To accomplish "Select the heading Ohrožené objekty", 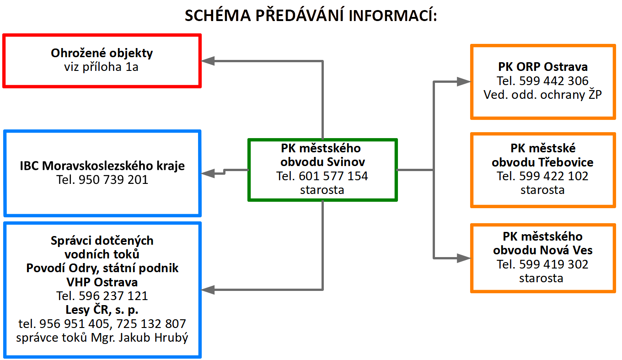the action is click(102, 53).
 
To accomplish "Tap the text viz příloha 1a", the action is click(101, 67).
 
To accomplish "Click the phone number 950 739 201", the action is click(113, 180).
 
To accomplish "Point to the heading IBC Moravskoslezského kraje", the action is click(102, 166).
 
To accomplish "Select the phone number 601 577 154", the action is click(333, 176).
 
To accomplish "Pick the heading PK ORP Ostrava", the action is click(543, 67).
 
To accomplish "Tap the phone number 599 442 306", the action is click(554, 81).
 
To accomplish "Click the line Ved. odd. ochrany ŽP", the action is click(542, 95).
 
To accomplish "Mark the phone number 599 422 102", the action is click(554, 176).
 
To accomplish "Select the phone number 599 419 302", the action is click(554, 264).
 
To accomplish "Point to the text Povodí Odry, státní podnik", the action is click(102, 269).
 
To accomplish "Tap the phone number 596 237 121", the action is click(113, 296).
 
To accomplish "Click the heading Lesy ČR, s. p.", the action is click(102, 310).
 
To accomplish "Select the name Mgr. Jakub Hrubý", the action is click(139, 338).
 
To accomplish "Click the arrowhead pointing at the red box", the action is click(208, 61).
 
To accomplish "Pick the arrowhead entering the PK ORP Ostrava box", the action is click(463, 82).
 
